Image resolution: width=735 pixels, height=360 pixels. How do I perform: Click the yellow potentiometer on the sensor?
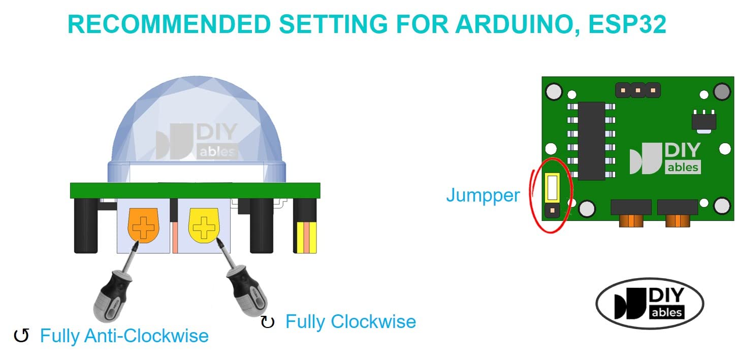pyautogui.click(x=204, y=224)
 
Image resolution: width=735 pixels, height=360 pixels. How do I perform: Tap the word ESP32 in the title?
pyautogui.click(x=627, y=24)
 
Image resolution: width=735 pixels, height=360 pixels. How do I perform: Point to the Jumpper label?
pyautogui.click(x=483, y=195)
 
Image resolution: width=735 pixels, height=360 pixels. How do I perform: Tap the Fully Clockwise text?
pyautogui.click(x=350, y=321)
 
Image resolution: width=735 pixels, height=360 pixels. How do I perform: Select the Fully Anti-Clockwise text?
pyautogui.click(x=124, y=336)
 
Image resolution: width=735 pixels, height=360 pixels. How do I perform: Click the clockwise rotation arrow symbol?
pyautogui.click(x=267, y=322)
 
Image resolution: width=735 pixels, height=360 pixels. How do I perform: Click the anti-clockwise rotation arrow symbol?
pyautogui.click(x=21, y=336)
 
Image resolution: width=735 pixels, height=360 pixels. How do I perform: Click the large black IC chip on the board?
pyautogui.click(x=591, y=141)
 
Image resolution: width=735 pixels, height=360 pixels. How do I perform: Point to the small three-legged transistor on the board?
pyautogui.click(x=704, y=121)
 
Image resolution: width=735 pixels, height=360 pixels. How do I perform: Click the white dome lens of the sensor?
pyautogui.click(x=196, y=127)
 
